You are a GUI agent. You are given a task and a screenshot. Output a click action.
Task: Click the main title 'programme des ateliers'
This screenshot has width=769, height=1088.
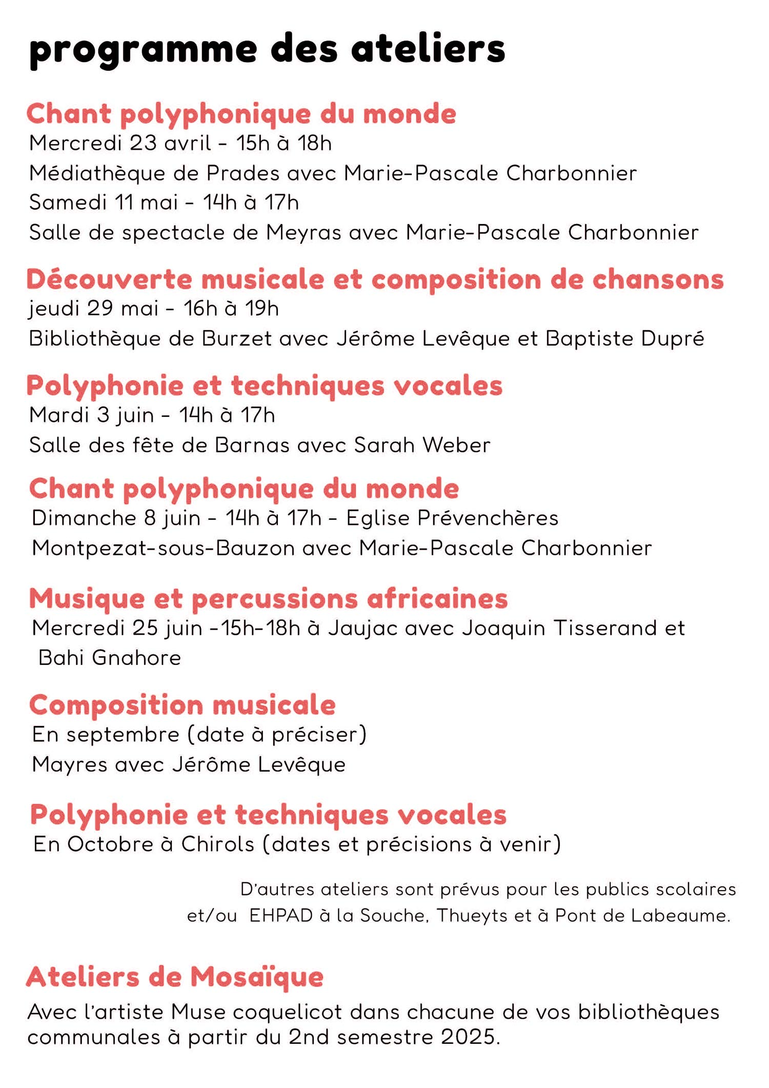tap(267, 50)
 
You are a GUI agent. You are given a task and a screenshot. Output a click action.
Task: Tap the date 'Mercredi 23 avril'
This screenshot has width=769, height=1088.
tap(120, 143)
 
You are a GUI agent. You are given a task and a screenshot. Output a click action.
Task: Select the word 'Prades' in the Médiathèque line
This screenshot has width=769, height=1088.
tap(243, 173)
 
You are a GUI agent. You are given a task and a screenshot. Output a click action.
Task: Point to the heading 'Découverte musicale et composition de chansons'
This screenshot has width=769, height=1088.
tap(375, 280)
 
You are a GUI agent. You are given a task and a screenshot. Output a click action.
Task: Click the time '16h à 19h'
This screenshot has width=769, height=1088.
tap(231, 309)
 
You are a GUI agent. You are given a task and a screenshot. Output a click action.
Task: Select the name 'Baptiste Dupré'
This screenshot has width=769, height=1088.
tap(624, 339)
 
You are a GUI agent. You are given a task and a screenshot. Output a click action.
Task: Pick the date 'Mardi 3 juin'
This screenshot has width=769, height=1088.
tap(91, 415)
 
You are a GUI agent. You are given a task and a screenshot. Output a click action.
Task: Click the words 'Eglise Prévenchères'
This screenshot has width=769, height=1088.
tap(452, 518)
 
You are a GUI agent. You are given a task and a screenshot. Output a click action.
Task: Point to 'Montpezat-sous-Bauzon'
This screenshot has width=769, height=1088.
tap(163, 549)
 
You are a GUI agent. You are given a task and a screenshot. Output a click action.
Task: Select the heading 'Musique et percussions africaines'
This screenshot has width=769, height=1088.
tap(268, 599)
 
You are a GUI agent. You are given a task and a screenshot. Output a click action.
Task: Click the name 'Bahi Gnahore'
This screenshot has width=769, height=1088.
tap(110, 658)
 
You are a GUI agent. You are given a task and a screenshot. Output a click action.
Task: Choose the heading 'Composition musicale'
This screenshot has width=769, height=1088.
tap(183, 706)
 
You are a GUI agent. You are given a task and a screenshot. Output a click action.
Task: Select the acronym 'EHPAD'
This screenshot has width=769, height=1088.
tap(281, 916)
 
